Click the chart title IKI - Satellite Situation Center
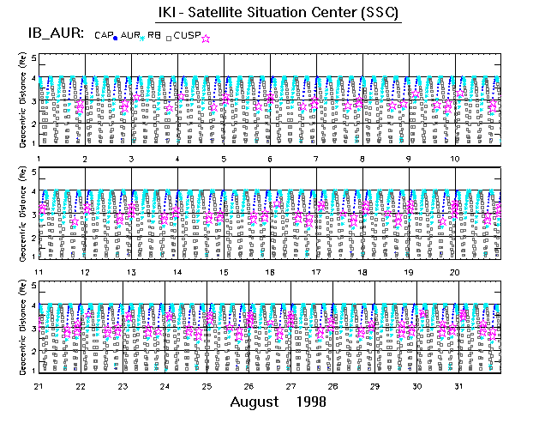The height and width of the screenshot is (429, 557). [278, 12]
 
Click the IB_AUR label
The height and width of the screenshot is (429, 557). [53, 33]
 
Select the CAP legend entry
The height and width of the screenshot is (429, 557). [104, 35]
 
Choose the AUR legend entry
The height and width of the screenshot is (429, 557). [129, 35]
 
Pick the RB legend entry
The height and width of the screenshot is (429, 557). [155, 35]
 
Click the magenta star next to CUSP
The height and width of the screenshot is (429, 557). [206, 38]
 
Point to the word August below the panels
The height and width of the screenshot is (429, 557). [255, 402]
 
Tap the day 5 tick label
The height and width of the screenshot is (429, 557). [224, 160]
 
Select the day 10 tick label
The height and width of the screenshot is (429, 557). [455, 160]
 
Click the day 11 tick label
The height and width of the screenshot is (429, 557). [38, 272]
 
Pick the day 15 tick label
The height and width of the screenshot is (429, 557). [223, 272]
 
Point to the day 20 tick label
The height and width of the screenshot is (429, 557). [455, 272]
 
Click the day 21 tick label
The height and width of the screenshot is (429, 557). [38, 385]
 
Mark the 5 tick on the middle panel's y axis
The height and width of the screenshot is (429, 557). [34, 172]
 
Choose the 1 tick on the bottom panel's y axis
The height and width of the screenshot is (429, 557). [34, 369]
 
